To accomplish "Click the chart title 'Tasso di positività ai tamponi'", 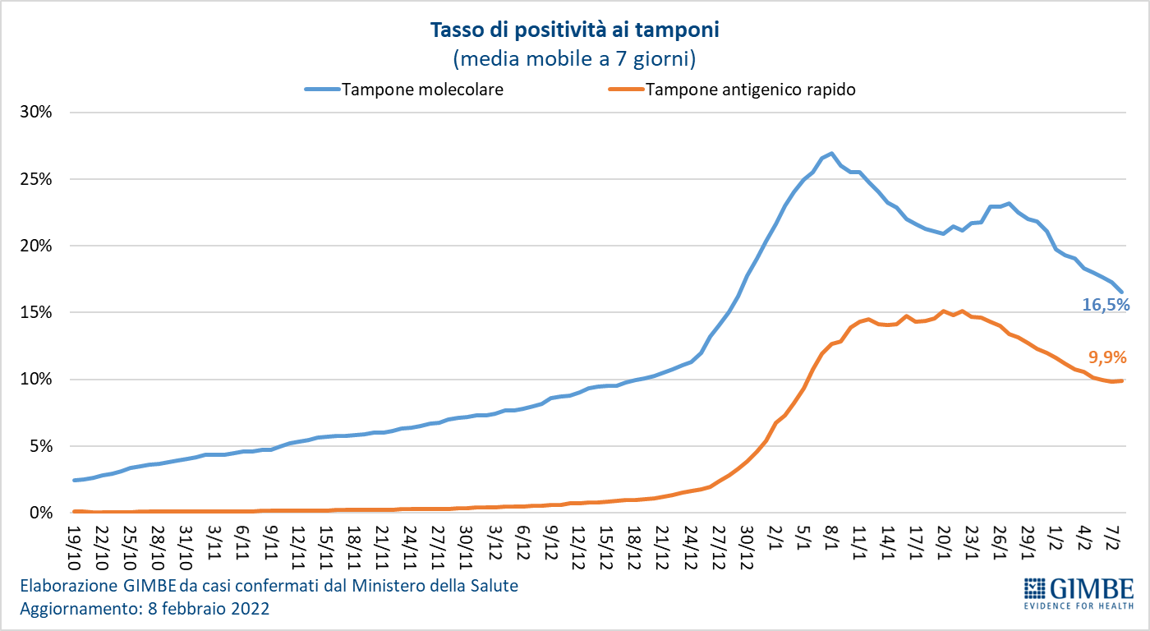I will (574, 30).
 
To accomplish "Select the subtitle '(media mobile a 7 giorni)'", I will (574, 58).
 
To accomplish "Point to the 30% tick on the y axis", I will (36, 113).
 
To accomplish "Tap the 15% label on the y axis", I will (36, 313).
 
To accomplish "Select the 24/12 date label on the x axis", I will (692, 543).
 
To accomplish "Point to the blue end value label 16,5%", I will (1106, 305).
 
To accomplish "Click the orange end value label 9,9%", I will (1107, 357).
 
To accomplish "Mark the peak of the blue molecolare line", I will (831, 154).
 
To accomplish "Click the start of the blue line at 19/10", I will (75, 480).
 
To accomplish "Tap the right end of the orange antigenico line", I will (1122, 380).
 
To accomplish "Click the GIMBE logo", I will (1079, 593).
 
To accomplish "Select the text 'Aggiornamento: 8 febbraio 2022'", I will (145, 610).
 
